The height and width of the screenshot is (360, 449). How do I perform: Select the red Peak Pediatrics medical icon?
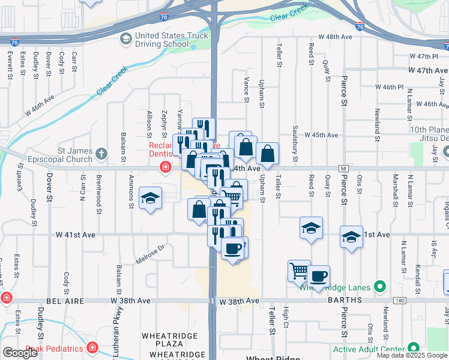click(92, 347)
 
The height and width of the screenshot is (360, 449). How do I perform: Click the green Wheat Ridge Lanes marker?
click(379, 287)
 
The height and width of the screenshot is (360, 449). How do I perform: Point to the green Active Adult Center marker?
click(413, 348)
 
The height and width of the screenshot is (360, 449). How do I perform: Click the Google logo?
click(20, 353)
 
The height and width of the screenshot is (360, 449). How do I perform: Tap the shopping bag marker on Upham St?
click(267, 154)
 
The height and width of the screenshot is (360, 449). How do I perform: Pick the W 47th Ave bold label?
click(427, 71)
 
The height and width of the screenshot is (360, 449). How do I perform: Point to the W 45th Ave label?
click(321, 136)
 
